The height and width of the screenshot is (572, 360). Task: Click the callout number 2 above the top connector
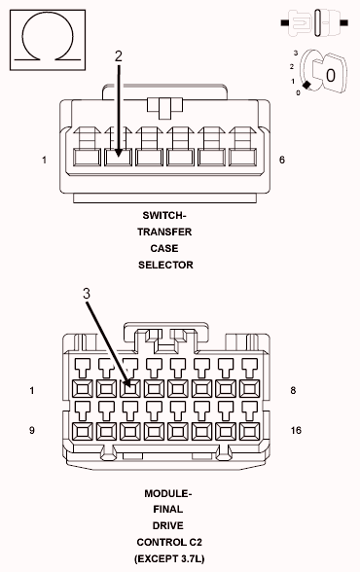[119, 56]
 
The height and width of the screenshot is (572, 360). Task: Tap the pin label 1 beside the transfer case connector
[44, 160]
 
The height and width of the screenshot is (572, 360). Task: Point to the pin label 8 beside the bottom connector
[293, 391]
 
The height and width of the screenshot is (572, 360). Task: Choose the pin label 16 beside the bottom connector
[297, 429]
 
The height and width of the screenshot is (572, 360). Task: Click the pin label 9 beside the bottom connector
[32, 429]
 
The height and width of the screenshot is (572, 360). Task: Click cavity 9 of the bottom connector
[81, 429]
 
